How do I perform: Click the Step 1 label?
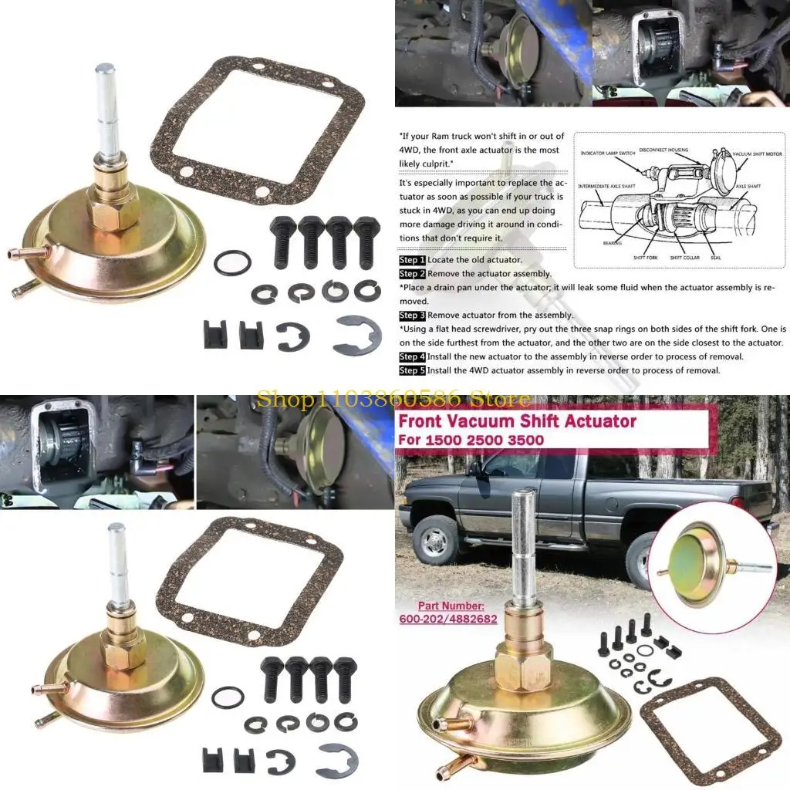point(412,261)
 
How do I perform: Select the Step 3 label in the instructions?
point(412,316)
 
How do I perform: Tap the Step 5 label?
point(412,370)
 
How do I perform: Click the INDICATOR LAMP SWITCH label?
point(609,154)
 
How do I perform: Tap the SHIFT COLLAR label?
point(684,257)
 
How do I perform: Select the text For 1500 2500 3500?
point(471,441)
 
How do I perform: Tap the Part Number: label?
point(451,606)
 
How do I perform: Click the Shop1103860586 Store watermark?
point(393,399)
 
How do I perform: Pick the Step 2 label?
point(412,274)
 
